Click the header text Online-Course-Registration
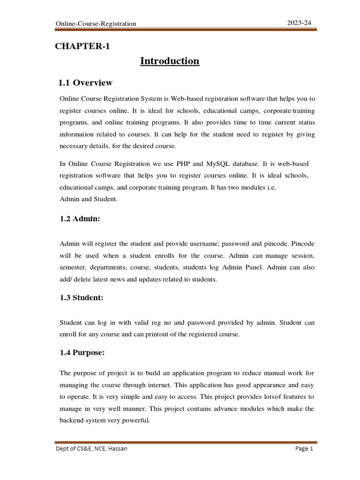click(96, 23)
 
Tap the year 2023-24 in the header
click(299, 22)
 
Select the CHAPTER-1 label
click(82, 46)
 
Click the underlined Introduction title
click(170, 61)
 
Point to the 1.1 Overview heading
click(85, 83)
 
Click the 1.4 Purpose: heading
click(82, 353)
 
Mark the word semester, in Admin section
click(75, 267)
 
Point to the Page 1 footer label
click(304, 449)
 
